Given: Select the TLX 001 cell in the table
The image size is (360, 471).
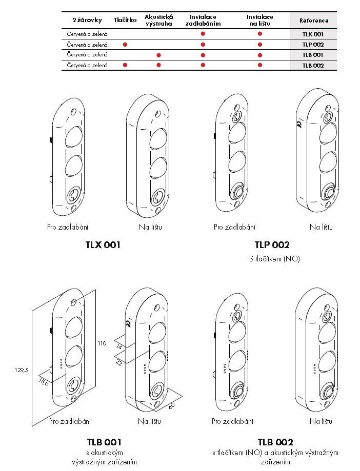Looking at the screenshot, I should click(313, 34).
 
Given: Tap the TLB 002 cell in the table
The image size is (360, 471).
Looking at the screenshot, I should click(313, 65).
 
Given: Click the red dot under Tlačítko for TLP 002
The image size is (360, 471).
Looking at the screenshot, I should click(125, 45).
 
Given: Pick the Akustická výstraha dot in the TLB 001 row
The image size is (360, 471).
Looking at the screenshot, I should click(158, 55).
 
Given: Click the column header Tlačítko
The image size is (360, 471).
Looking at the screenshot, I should click(125, 20).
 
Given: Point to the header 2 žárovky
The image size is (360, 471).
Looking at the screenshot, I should click(87, 20).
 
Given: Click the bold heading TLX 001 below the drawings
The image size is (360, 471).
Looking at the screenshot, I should click(103, 245).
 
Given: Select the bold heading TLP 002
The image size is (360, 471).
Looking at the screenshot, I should click(272, 245).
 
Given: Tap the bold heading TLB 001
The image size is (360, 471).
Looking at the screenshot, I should click(104, 442).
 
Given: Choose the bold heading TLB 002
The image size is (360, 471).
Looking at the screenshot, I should click(275, 442).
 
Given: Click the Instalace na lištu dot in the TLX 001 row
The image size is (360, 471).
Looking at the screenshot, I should click(260, 34).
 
